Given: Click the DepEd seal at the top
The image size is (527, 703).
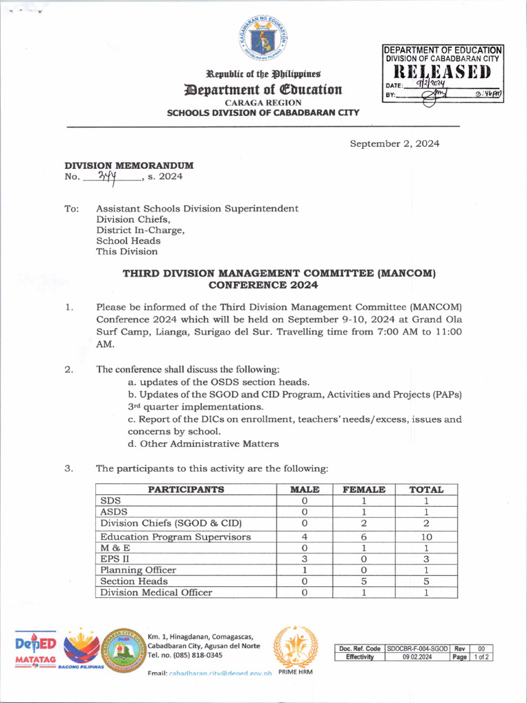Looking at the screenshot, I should pos(263,37).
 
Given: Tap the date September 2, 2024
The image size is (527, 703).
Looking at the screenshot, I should pos(395,143).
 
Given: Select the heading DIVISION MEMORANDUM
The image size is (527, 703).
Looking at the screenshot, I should pos(129,165).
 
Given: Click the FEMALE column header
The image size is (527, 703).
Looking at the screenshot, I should pos(359,489).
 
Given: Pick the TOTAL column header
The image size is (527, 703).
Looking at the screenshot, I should pos(426,489).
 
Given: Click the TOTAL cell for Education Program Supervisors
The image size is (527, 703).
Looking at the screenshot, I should pos(426,537).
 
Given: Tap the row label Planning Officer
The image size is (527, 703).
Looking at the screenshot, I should pos(138,570).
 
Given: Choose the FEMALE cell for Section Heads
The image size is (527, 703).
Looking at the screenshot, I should pos(359,581).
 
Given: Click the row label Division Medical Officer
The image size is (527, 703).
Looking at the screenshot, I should pos(156,592).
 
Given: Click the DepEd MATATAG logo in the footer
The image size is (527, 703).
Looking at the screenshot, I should pos(35,650).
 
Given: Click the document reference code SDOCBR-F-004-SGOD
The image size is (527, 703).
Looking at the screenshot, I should pos(417,648).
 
